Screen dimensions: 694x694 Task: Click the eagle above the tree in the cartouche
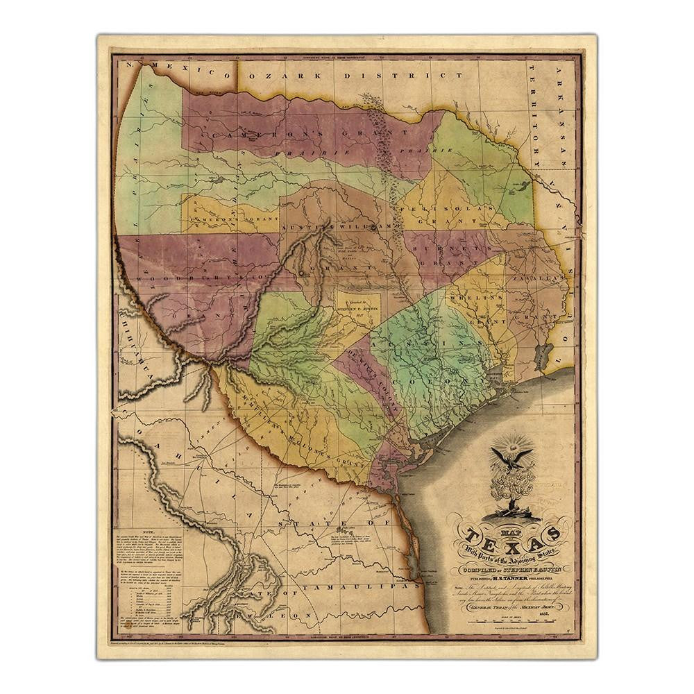point(511,458)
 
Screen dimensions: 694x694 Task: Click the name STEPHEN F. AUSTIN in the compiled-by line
point(532,568)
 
